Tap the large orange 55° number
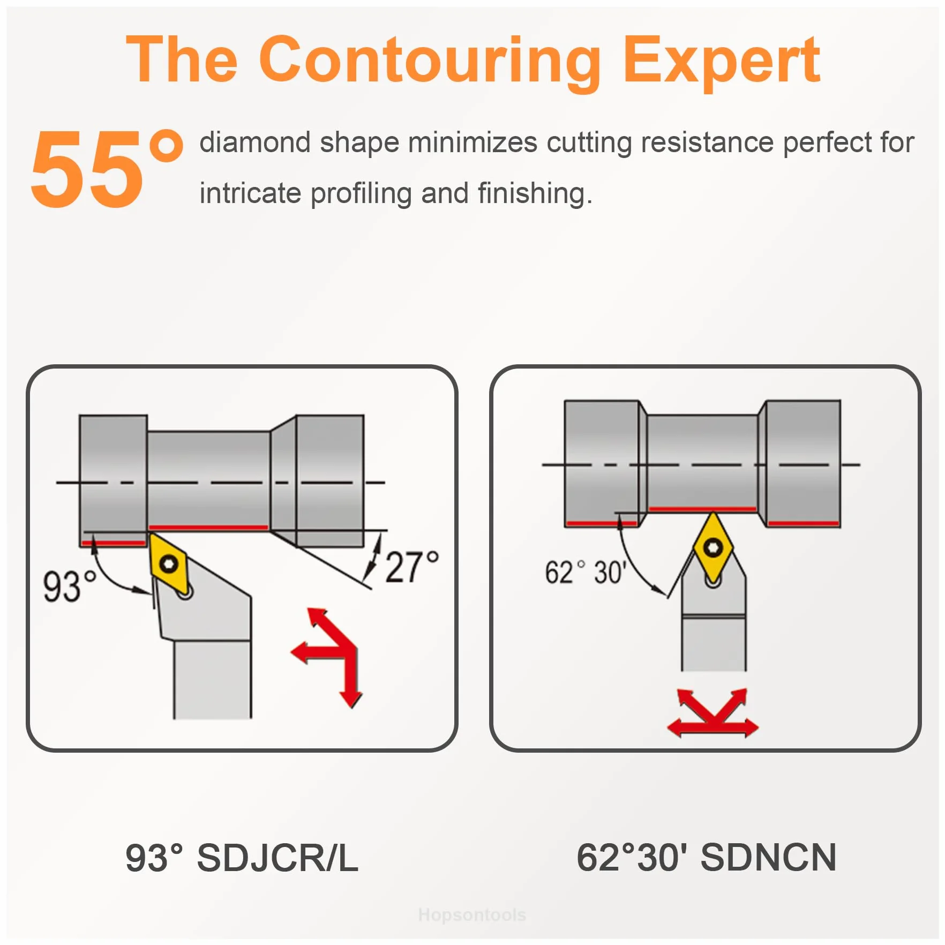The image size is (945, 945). click(x=106, y=168)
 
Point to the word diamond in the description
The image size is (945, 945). click(x=255, y=142)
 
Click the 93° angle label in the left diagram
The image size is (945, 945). click(x=69, y=587)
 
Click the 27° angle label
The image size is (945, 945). click(x=411, y=567)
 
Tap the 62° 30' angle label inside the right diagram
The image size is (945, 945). click(x=585, y=572)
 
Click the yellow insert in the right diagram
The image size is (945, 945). click(x=712, y=548)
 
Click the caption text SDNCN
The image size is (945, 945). click(x=768, y=858)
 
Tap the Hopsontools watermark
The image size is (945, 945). click(x=472, y=914)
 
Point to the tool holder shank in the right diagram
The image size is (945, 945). click(x=714, y=643)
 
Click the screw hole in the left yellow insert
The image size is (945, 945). click(x=169, y=564)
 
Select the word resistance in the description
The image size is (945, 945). click(x=707, y=142)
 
